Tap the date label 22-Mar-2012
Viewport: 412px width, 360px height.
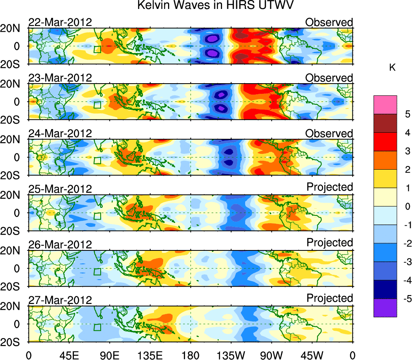click(60, 22)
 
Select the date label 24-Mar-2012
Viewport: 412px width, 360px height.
click(60, 134)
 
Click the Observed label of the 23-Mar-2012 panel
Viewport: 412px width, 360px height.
click(329, 78)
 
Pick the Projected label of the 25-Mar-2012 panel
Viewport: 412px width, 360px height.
click(330, 187)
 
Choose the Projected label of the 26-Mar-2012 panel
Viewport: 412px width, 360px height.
click(330, 243)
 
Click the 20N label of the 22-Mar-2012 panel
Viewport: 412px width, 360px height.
click(14, 28)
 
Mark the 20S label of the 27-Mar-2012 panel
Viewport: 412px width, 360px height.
click(14, 342)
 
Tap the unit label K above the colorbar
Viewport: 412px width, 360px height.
click(393, 68)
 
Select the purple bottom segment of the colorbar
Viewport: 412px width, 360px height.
click(385, 308)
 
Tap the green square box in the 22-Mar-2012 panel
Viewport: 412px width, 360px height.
click(97, 49)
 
